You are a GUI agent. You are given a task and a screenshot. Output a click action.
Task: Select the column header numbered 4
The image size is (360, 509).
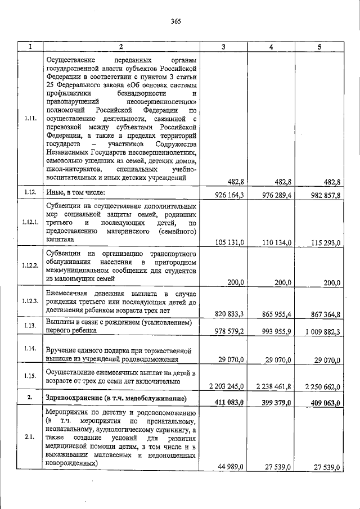click(x=271, y=47)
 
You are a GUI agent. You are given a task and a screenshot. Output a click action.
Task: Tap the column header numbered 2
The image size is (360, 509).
click(x=120, y=47)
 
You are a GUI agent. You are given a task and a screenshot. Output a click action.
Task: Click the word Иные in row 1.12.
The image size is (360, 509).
click(x=54, y=192)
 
